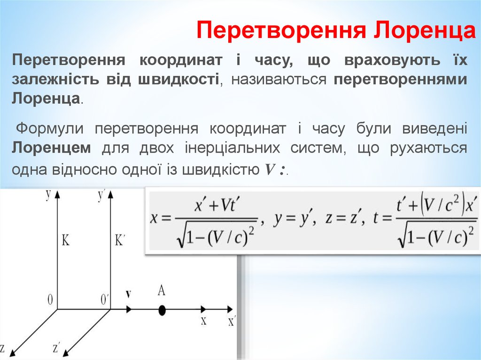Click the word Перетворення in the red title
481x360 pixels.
click(x=282, y=31)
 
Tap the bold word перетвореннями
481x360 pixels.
click(x=401, y=79)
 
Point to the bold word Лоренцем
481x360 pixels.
click(x=52, y=148)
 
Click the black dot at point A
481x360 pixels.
click(x=162, y=310)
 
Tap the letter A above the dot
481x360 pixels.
click(x=161, y=291)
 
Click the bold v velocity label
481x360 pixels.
click(x=128, y=294)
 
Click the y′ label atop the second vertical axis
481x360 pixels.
click(x=101, y=195)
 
